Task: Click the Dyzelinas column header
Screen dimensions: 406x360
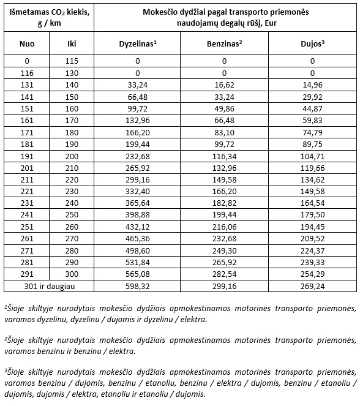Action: click(138, 43)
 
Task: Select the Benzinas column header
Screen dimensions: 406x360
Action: click(225, 43)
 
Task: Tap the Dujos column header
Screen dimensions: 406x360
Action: click(312, 43)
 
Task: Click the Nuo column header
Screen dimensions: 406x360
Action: click(27, 43)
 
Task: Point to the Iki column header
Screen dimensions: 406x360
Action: click(72, 43)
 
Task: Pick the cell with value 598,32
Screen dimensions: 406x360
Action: click(138, 285)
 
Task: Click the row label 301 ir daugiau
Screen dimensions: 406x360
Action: click(49, 285)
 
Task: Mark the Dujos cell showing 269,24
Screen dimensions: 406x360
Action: click(312, 285)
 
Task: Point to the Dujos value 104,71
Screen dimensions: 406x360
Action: click(312, 157)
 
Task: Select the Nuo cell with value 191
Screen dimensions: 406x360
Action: click(27, 157)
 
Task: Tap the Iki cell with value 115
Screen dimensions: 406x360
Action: click(72, 61)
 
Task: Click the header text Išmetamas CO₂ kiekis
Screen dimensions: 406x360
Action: click(48, 12)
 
